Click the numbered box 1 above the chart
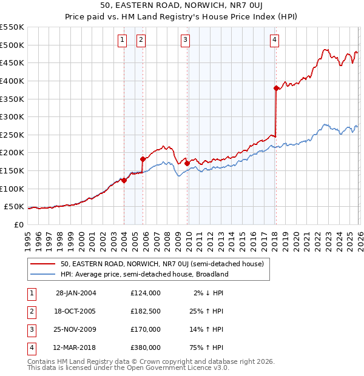tap(123, 40)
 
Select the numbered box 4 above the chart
tap(275, 40)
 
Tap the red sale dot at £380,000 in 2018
tap(276, 88)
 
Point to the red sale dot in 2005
tap(143, 159)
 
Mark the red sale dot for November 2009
tap(187, 163)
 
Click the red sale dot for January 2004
tap(124, 180)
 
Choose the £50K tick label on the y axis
tap(15, 206)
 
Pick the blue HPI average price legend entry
tap(144, 274)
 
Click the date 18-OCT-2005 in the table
tap(76, 311)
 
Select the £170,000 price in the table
tap(146, 329)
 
